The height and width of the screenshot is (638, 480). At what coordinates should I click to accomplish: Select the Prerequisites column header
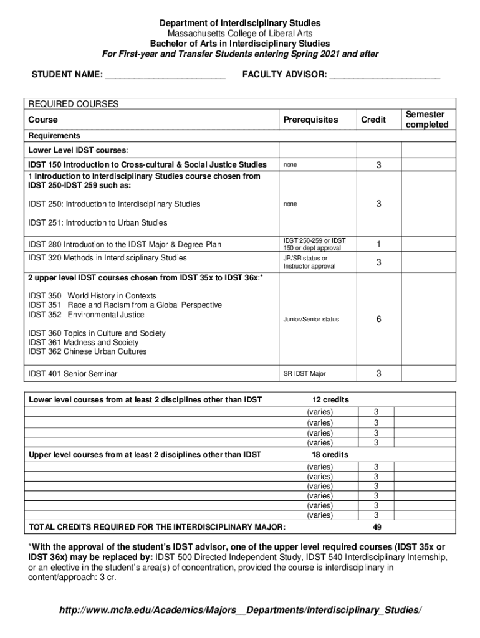tap(310, 120)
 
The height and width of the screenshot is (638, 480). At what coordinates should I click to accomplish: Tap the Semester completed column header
tap(426, 120)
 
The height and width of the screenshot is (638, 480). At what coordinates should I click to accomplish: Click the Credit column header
tap(373, 120)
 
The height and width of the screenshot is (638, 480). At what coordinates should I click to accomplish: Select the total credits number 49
tap(377, 527)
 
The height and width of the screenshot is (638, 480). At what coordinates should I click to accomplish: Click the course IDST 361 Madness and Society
tap(84, 343)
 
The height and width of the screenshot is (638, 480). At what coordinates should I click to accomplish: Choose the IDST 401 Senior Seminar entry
tap(73, 374)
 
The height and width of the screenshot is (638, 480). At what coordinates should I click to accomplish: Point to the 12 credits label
tap(330, 399)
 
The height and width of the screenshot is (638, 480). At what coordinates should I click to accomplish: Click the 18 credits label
tap(330, 455)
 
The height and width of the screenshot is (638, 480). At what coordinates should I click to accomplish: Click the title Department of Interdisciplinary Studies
tap(239, 23)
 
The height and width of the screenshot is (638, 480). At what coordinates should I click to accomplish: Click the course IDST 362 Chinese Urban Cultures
tap(87, 352)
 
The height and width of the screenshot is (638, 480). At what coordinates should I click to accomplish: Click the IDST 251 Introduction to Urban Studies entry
tap(98, 222)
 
